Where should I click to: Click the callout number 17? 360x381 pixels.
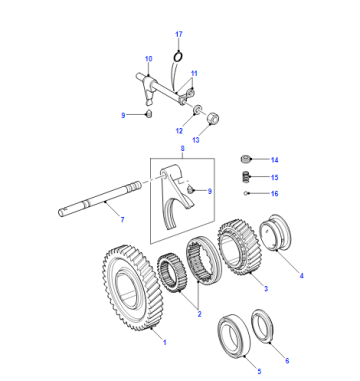pos(179,34)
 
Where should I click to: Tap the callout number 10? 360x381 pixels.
pos(149,59)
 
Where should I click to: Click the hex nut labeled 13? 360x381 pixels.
pos(213,119)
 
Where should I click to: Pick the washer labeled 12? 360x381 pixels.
pos(198,109)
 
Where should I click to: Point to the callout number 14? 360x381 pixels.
pos(274,160)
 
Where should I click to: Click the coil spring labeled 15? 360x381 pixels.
pos(245,176)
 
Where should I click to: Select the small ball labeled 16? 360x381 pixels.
pos(245,193)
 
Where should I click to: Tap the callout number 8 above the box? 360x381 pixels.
pos(182,149)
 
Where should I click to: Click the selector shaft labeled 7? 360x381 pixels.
pos(100,198)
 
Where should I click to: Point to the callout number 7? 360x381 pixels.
pos(122,220)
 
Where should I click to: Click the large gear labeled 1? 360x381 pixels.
pos(133,287)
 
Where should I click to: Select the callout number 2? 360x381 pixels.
pos(199,314)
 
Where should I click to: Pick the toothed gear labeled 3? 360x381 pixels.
pos(240,247)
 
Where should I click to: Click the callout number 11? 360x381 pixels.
pos(194,73)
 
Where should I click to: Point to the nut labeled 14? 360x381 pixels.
pos(245,159)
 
